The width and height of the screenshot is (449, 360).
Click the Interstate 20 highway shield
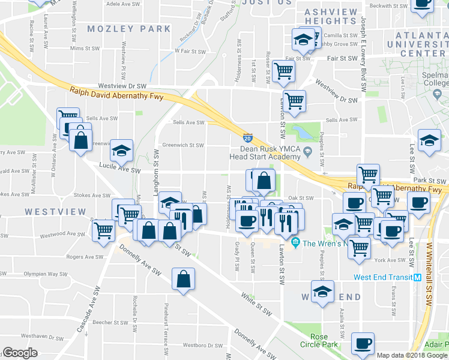coord(248,139)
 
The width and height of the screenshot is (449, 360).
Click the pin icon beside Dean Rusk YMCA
coord(307,150)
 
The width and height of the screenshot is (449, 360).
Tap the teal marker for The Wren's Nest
coord(295,243)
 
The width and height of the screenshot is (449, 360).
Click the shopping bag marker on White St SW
coord(183,280)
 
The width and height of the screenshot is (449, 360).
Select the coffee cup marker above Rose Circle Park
coord(362,343)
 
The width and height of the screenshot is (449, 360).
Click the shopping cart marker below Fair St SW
coord(283,71)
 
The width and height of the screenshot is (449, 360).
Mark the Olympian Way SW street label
coord(45,274)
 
